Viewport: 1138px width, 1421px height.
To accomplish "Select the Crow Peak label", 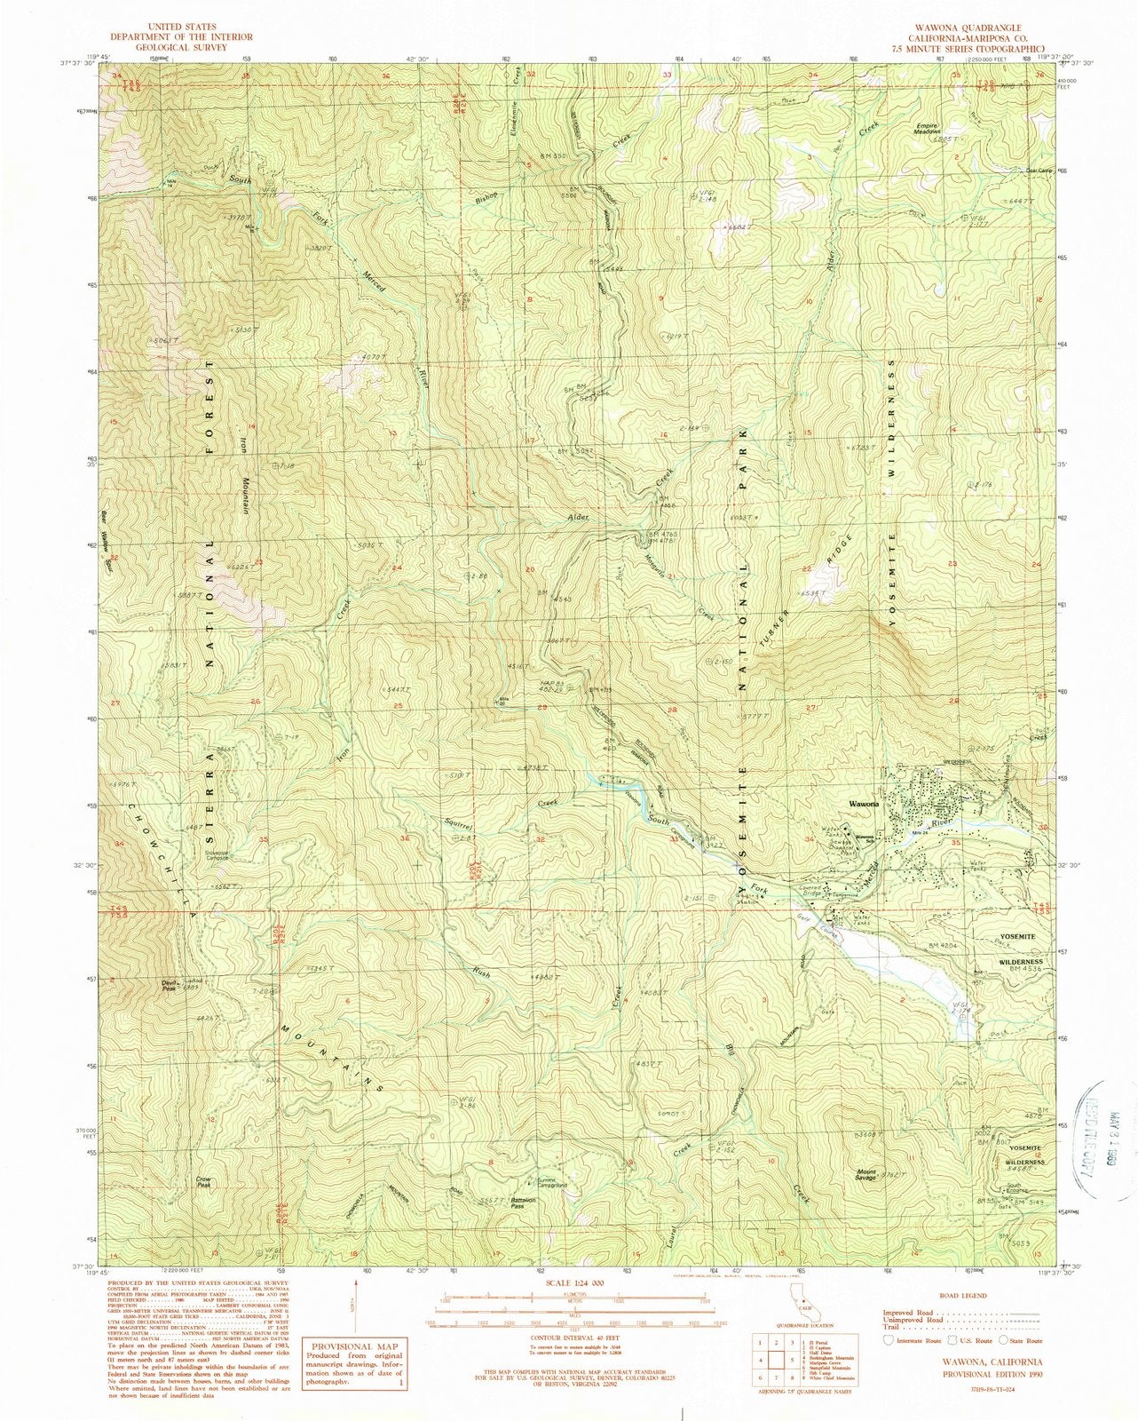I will pos(204,1182).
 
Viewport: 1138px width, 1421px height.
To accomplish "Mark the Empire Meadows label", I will pos(928,129).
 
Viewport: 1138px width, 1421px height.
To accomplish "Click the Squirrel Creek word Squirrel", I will pos(462,828).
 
